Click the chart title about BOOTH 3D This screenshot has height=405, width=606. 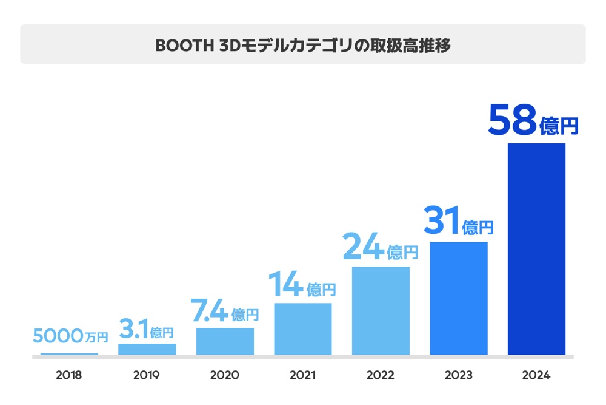point(303,45)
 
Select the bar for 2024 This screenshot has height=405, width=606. point(536,249)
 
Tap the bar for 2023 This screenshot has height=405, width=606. point(459,298)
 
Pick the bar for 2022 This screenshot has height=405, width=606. point(381,310)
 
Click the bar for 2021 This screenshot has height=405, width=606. point(303,328)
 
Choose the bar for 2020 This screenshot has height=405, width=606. point(225,341)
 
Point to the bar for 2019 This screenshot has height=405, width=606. point(147,349)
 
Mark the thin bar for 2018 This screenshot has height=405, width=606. point(69,353)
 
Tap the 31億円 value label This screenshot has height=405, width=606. point(458,221)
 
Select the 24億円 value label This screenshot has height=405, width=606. point(380,246)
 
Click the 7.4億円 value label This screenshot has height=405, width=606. point(225,311)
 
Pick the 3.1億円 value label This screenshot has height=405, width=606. point(147,330)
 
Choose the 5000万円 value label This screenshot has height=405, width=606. point(69,335)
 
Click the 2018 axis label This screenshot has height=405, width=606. point(69,375)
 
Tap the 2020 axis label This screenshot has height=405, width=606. point(225,375)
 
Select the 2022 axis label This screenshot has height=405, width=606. point(381,375)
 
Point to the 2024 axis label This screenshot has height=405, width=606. point(536,375)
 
